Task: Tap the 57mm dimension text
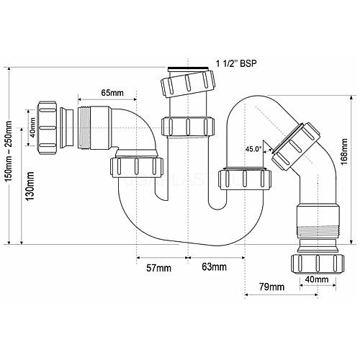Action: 158,268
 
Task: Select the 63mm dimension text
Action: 214,267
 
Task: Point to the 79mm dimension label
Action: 271,287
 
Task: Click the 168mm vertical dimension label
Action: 344,151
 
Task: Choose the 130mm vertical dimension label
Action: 30,186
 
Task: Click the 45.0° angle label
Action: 253,149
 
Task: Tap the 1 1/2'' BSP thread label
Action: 236,64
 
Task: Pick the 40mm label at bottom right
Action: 317,279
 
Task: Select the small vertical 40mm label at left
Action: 32,127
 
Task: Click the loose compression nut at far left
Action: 47,128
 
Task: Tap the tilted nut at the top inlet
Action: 188,84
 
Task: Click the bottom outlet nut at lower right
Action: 318,264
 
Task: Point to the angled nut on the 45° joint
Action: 296,146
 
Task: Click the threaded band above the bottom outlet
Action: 318,232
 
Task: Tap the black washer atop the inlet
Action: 188,68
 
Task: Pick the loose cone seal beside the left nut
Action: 67,128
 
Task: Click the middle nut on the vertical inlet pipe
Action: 188,127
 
